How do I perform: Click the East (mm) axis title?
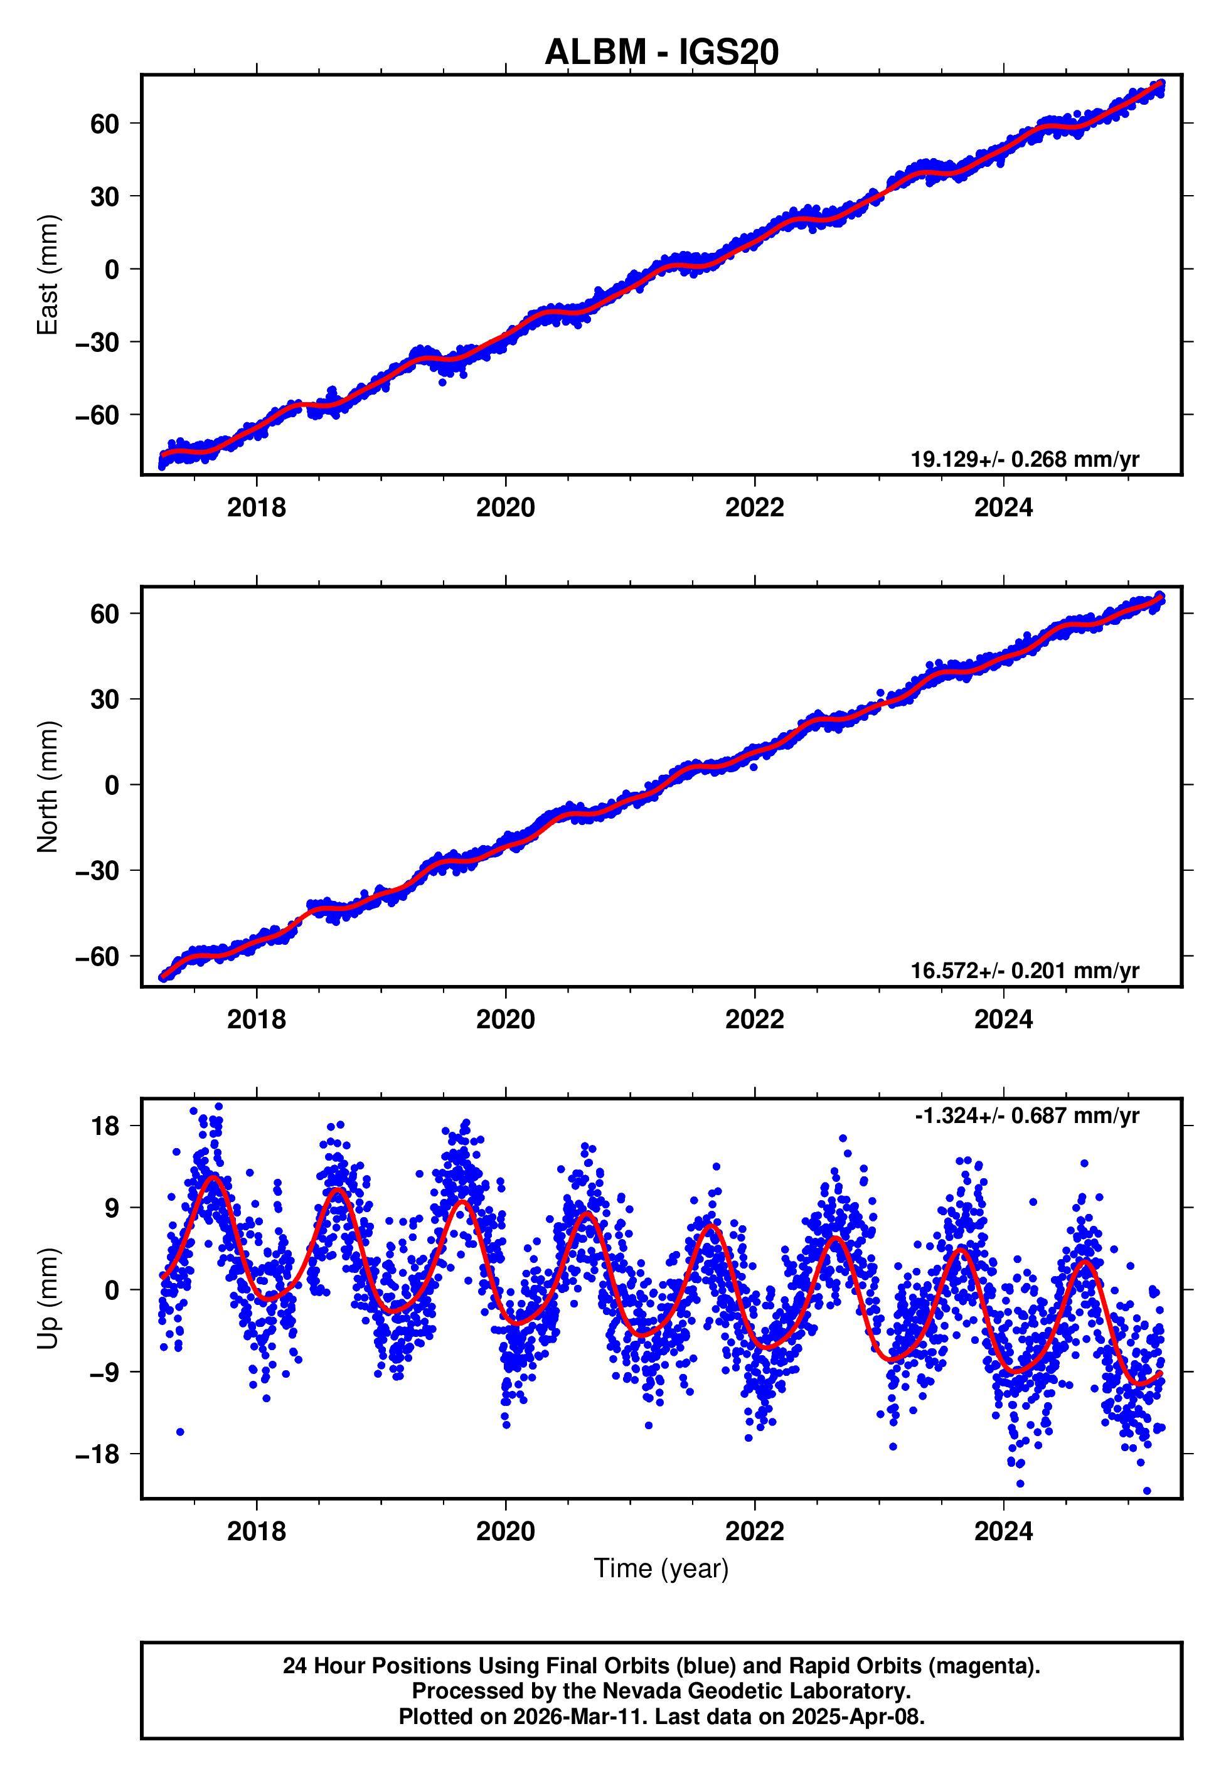pyautogui.click(x=48, y=275)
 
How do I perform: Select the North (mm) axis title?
pyautogui.click(x=48, y=787)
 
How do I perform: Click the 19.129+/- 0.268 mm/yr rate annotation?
pyautogui.click(x=1025, y=459)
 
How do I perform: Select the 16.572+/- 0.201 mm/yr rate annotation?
pyautogui.click(x=1025, y=971)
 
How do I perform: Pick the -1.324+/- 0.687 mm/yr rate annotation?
pyautogui.click(x=1026, y=1115)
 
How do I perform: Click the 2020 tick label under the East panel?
pyautogui.click(x=505, y=508)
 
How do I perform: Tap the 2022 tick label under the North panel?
pyautogui.click(x=754, y=1019)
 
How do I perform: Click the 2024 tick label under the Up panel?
pyautogui.click(x=1003, y=1531)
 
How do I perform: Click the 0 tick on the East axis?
pyautogui.click(x=112, y=270)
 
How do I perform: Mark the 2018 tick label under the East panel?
pyautogui.click(x=256, y=508)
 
